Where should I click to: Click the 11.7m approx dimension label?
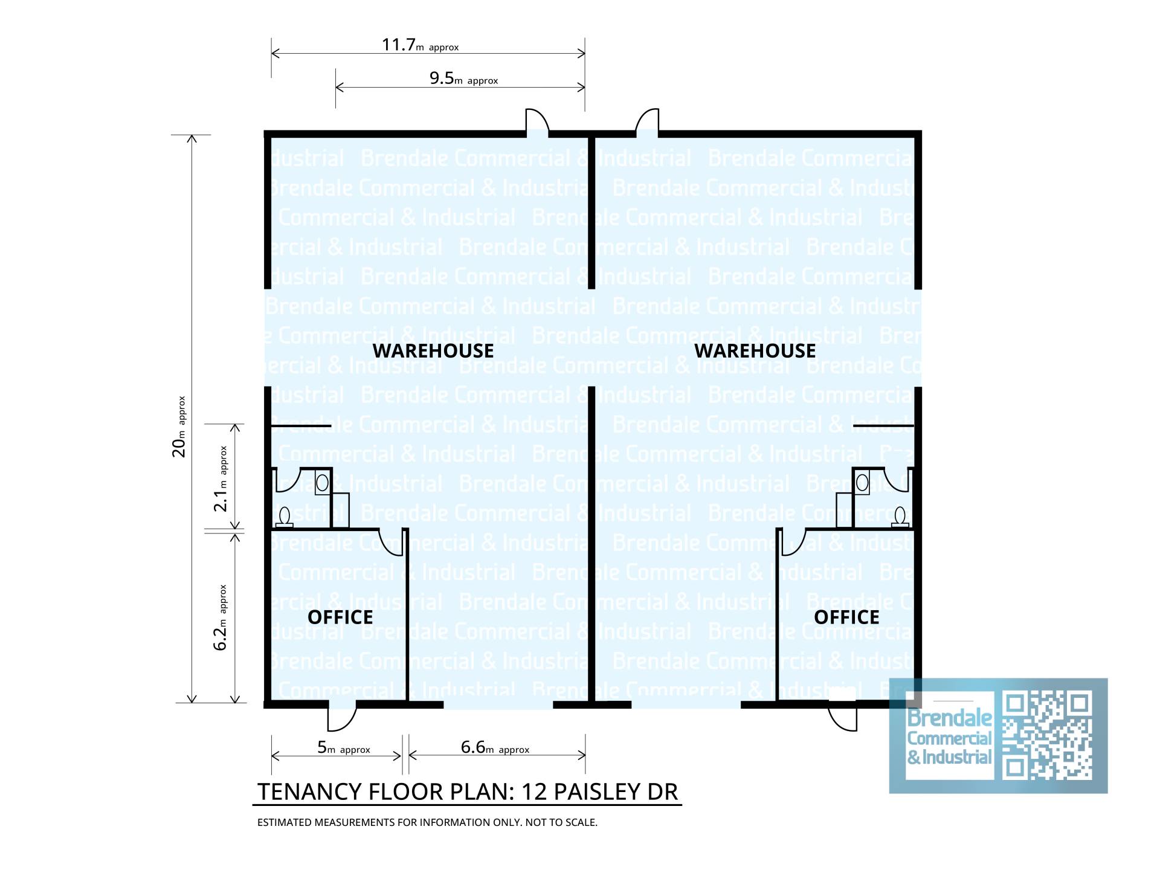tap(420, 45)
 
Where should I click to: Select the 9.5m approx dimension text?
tap(463, 79)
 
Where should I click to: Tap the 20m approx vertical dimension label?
tap(179, 427)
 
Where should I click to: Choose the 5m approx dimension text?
tap(343, 748)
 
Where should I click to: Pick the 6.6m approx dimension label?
tap(495, 748)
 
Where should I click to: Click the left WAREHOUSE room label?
tap(433, 351)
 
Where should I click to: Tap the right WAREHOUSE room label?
tap(755, 351)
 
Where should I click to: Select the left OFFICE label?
tap(340, 617)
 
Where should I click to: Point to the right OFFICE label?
tap(846, 617)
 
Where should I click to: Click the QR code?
tap(1046, 735)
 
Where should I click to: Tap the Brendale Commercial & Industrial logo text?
tap(949, 737)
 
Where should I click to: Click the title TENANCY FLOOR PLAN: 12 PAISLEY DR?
tap(468, 791)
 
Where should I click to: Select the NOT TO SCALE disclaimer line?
tap(427, 822)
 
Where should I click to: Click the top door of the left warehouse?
tap(536, 123)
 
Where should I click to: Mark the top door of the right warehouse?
tap(647, 123)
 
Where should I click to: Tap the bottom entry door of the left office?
tap(342, 717)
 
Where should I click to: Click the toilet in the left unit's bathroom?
tap(285, 517)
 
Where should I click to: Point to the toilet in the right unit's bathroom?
tap(900, 517)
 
